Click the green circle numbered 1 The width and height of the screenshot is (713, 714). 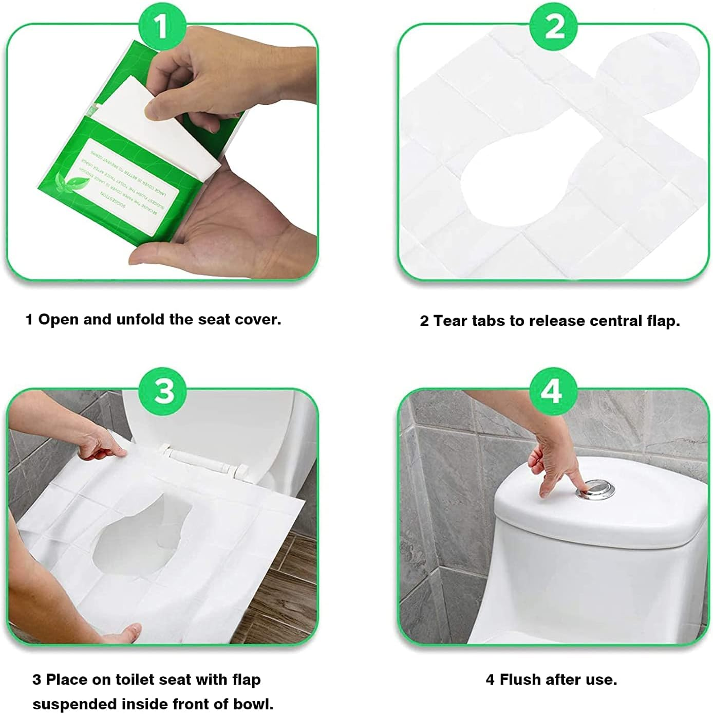(161, 26)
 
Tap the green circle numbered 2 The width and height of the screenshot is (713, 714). (553, 26)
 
